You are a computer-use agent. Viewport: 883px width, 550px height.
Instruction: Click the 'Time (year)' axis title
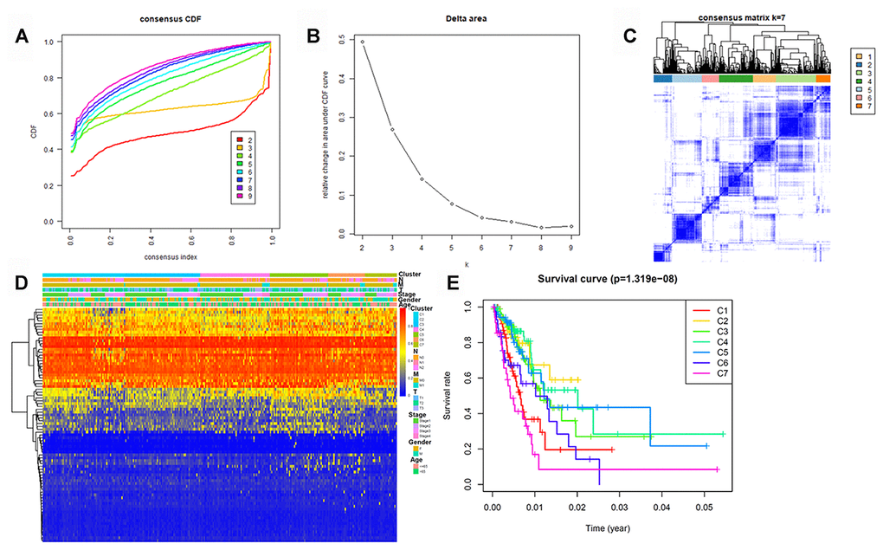pyautogui.click(x=609, y=526)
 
